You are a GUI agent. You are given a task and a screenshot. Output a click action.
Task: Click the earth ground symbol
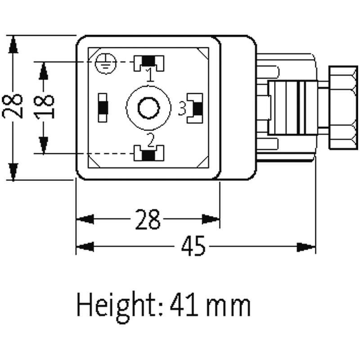pos(106,63)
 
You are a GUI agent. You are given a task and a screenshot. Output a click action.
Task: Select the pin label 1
pos(150,75)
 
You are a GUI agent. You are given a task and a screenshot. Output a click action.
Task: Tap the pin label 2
pos(151,140)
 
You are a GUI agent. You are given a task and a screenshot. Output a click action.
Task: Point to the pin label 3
pos(182,108)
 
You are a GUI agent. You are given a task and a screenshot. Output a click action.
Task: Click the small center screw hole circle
pos(148,108)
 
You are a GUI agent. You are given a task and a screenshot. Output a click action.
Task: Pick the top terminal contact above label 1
pos(149,63)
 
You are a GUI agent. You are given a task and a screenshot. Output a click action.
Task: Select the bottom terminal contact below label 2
pos(149,153)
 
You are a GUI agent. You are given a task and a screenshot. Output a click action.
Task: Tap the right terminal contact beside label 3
pos(195,108)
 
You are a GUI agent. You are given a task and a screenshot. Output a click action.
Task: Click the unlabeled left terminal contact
pos(103,108)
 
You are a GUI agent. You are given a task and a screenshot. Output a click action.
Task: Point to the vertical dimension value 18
pos(44,108)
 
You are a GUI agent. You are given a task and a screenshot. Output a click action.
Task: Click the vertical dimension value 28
pos(13,106)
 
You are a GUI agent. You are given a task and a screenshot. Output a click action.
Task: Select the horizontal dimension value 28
pos(148,219)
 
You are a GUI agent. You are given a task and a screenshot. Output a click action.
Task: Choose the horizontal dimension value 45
pos(193,246)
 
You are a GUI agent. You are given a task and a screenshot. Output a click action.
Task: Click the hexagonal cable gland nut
pos(343,108)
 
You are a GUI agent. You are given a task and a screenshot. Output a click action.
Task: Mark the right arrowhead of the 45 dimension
pos(306,247)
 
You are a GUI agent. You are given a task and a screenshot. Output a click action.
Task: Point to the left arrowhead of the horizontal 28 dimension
pos(85,219)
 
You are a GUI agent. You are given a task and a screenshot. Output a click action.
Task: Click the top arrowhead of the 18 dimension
pos(43,71)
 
